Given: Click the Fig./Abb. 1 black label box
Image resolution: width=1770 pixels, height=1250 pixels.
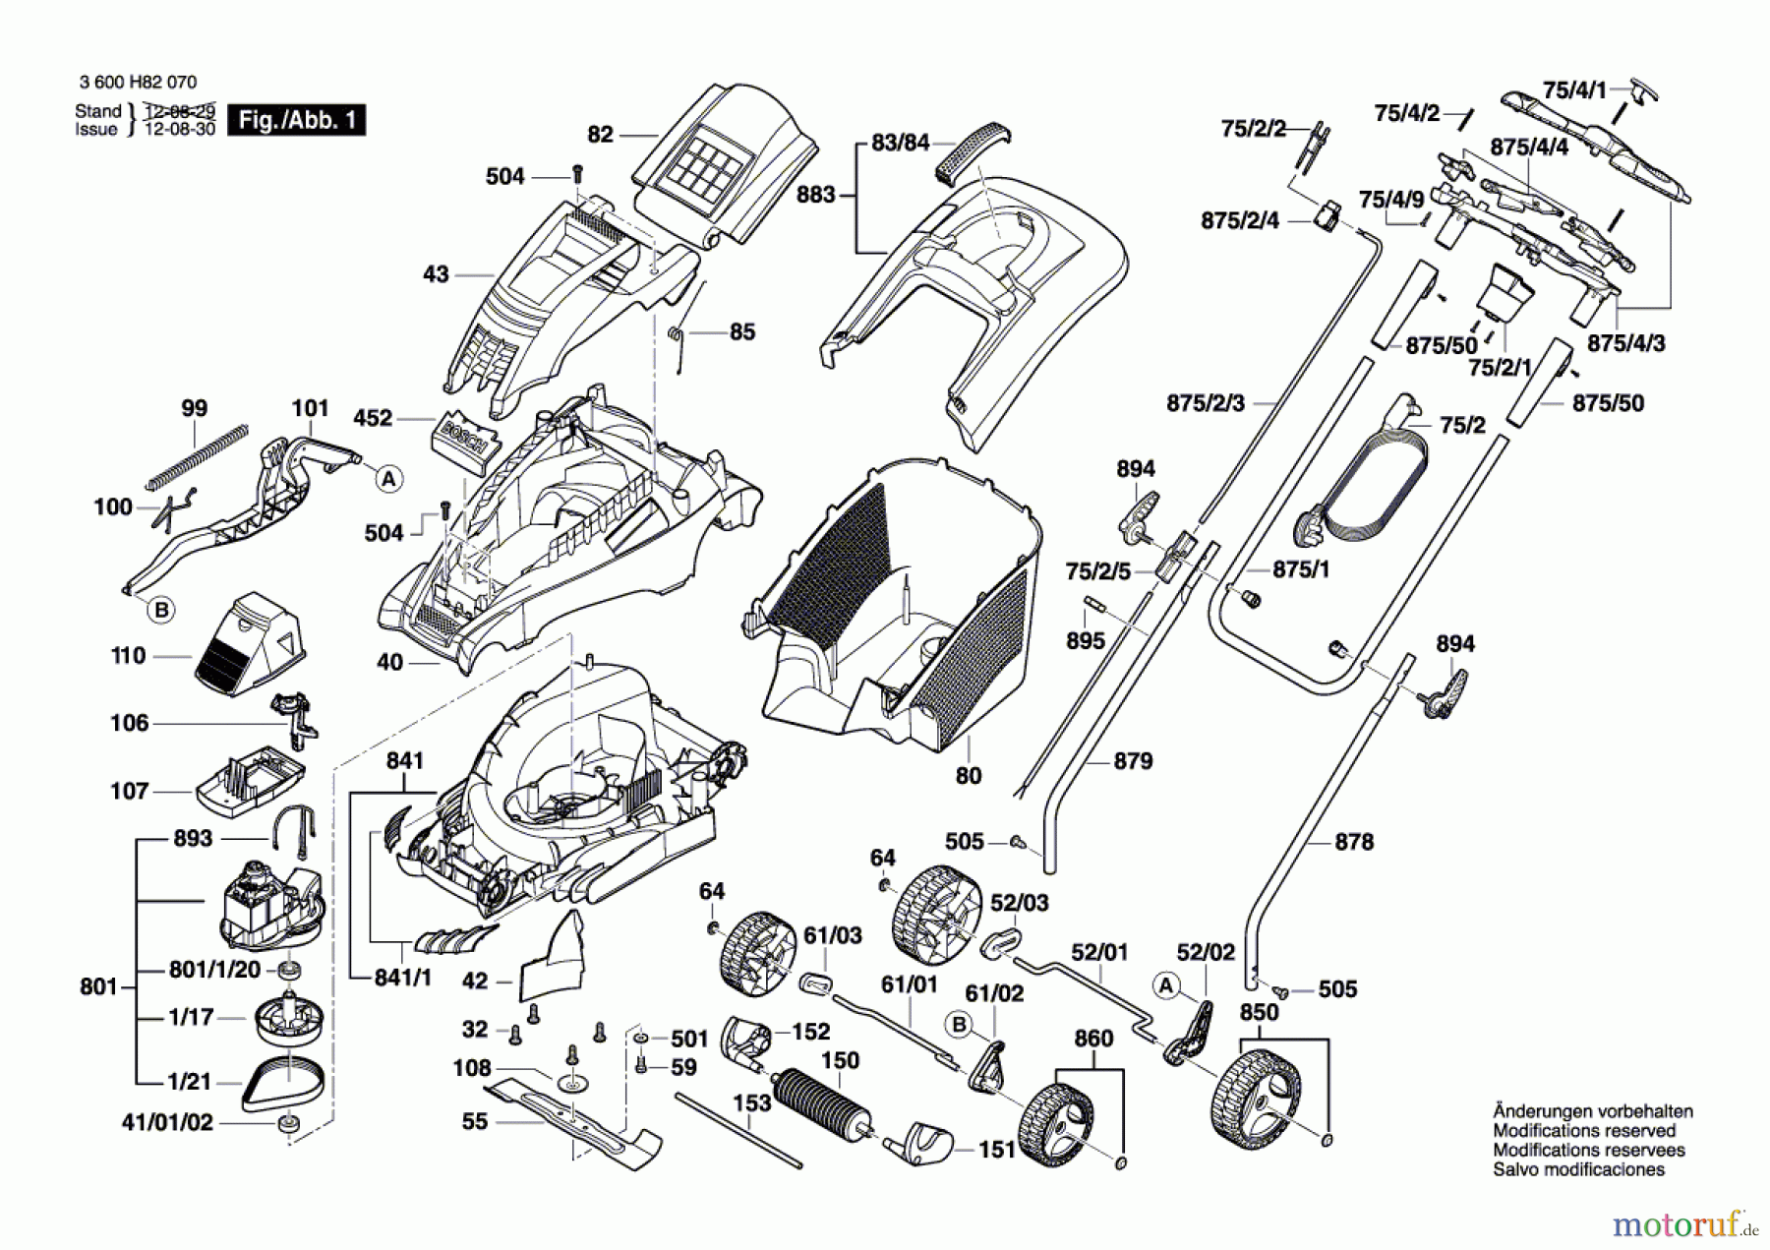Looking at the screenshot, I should (x=296, y=120).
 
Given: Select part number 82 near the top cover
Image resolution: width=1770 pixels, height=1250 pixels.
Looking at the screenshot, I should (x=600, y=135).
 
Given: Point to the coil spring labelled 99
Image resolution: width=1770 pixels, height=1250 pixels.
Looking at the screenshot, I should (x=197, y=456).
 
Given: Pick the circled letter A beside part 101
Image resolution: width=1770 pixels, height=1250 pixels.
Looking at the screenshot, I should (x=389, y=479).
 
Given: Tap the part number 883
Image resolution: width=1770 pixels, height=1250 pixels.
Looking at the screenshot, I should (x=815, y=195).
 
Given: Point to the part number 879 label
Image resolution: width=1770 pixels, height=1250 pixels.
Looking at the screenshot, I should (x=1133, y=760).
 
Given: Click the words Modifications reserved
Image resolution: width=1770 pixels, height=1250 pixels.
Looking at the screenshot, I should (x=1583, y=1131).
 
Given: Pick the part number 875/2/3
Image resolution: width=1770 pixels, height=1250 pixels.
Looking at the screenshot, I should (x=1206, y=403).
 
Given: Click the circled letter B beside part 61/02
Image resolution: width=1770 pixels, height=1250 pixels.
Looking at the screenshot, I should (x=959, y=1025).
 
